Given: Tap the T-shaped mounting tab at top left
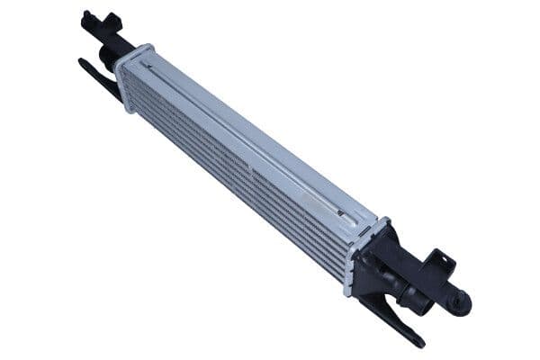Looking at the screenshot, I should click(99, 20).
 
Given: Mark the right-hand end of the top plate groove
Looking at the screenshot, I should click(345, 214).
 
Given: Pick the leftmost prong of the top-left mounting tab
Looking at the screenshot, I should click(84, 14).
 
